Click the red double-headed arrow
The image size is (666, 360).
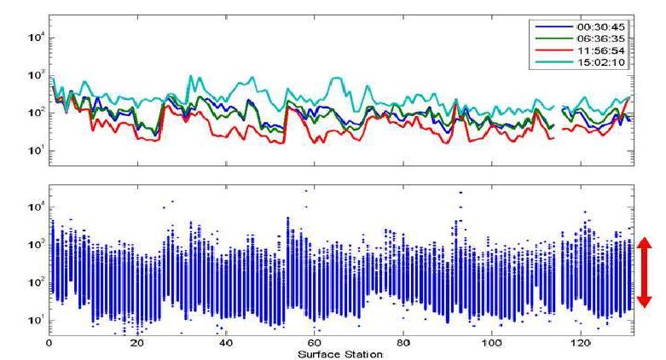(645, 272)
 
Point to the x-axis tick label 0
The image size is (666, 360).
(49, 343)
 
